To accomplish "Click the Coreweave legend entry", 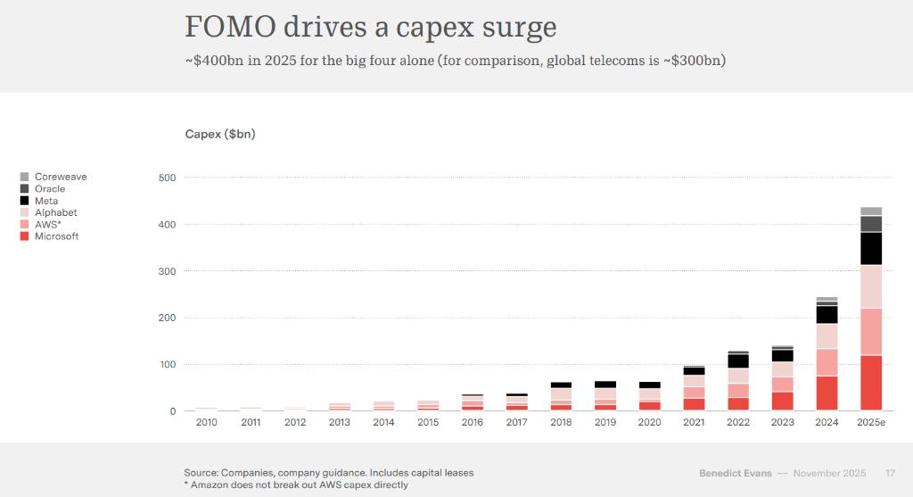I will (61, 177).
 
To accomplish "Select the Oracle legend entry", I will (50, 189).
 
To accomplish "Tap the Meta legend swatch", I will (25, 201).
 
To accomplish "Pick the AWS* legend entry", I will (46, 225).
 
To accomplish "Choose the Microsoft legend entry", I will (56, 236).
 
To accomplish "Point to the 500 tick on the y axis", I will (167, 178).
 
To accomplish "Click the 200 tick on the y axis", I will (167, 318).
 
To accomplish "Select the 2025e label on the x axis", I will (871, 422).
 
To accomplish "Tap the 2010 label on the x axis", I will (206, 422).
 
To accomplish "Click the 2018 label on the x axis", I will (561, 422).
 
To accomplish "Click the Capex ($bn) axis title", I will (220, 134).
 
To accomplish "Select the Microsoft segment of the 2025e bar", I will (871, 383).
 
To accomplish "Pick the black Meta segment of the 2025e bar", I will (871, 249).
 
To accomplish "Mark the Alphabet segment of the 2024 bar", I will (827, 335).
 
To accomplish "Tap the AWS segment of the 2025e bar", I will (871, 331).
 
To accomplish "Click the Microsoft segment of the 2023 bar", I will (782, 402).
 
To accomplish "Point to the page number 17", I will (890, 473).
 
